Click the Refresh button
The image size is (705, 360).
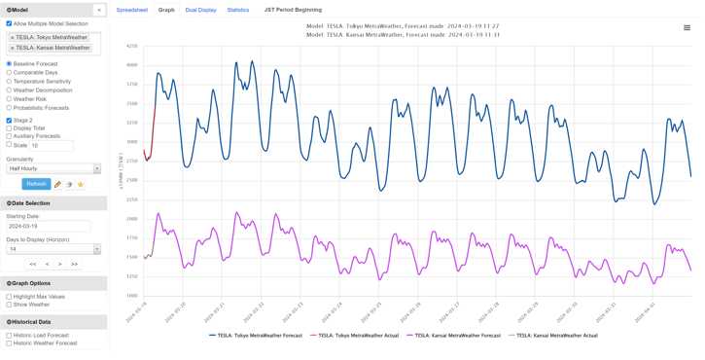36,184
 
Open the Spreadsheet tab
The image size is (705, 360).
132,10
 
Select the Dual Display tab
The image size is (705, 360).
201,10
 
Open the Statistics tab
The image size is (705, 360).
238,10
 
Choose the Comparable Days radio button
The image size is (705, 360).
10,73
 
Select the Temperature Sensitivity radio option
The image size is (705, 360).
10,82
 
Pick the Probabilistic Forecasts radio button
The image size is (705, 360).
10,108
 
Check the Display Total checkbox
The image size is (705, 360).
10,128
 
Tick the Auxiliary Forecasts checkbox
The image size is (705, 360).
10,136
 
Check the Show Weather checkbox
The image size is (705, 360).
10,305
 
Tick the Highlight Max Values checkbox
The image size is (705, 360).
10,297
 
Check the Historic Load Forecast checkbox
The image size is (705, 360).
10,335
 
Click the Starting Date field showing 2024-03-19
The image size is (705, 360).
49,226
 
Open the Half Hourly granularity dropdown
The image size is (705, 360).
53,168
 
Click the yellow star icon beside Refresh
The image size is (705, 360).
81,184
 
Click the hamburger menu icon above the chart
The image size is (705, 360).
687,27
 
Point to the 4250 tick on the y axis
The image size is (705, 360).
131,46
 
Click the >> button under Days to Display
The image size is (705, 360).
74,264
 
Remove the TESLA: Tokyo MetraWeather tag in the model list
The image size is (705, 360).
13,38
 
